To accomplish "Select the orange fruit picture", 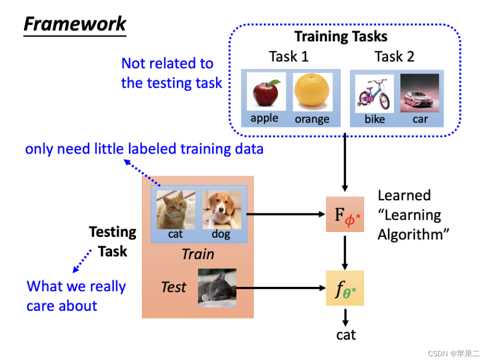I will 312,92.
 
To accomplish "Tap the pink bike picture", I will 374,94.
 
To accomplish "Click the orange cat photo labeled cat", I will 176,209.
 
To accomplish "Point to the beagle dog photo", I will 222,209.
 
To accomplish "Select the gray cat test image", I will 217,287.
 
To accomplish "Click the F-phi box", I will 345,214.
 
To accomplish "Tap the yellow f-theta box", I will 345,288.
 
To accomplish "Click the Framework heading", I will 75,24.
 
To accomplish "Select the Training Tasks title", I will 341,37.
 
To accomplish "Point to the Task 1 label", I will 288,56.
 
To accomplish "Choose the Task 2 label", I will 394,56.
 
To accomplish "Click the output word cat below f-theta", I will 346,334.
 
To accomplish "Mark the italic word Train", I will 198,254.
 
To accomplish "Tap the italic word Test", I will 174,287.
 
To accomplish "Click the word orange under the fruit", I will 312,119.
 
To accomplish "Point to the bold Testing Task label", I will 113,241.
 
